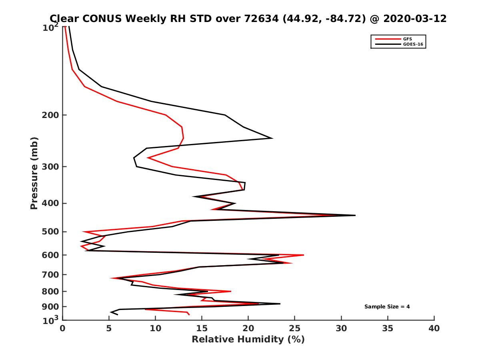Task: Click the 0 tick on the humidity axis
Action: coord(63,329)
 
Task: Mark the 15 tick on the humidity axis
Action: coord(202,329)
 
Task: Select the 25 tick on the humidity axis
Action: coord(295,329)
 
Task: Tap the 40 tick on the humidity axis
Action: coord(434,329)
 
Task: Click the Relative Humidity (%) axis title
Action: coord(248,340)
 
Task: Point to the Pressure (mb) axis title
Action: coord(34,173)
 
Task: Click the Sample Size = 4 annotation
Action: coord(387,307)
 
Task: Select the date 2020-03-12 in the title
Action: coord(414,18)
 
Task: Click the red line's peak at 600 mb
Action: coord(304,255)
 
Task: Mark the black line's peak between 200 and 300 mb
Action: coord(272,138)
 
